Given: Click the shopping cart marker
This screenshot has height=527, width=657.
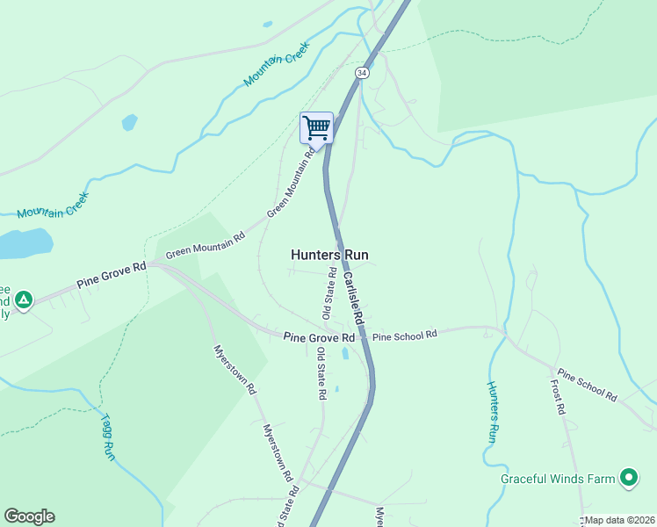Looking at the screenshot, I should pos(316,127).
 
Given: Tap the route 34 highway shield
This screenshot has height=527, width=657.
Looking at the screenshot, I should pos(363,73).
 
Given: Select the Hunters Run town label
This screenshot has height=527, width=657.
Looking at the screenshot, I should pos(329,255).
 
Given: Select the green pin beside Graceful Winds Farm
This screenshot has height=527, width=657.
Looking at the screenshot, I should pos(628,478).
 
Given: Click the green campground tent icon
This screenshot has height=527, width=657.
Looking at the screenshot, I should pos(25,300).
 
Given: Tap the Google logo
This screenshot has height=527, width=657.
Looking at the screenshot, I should pos(29,516).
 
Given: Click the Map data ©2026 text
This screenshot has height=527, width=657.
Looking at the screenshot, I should pos(620,520).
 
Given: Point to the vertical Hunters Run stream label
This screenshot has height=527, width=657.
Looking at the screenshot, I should pos(493,411).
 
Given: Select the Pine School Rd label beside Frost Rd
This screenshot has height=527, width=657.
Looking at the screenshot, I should pos(587,386).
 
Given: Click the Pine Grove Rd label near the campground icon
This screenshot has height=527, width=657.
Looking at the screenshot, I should pos(111,277).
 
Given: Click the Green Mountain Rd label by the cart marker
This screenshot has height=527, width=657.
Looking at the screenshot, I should pos(291,184).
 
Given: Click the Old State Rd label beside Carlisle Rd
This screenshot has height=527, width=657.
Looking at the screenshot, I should pos(328,295).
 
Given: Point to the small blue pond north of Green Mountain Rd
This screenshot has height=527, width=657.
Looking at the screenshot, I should pos(130,122).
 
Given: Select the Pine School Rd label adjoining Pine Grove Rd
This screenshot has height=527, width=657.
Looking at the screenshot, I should pos(404,336).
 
